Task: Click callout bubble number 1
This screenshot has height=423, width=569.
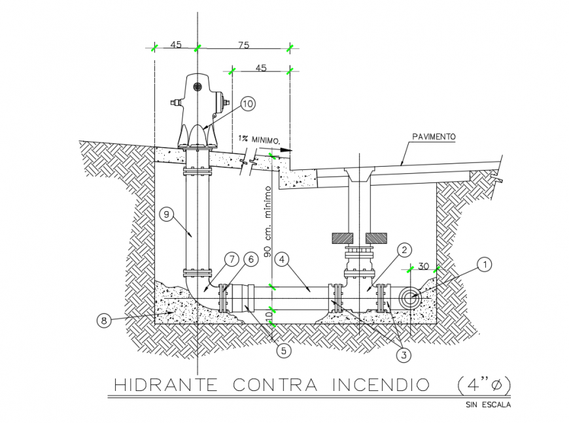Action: pyautogui.click(x=484, y=265)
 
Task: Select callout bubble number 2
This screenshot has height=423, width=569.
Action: pyautogui.click(x=405, y=250)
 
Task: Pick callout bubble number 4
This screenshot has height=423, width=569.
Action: pyautogui.click(x=281, y=258)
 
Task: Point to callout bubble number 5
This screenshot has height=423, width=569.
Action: pyautogui.click(x=283, y=350)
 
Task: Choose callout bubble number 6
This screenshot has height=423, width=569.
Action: pyautogui.click(x=249, y=259)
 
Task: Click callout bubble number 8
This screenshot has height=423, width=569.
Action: pyautogui.click(x=103, y=320)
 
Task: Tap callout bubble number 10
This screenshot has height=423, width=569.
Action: pyautogui.click(x=247, y=103)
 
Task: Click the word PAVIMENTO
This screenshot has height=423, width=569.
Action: pyautogui.click(x=433, y=137)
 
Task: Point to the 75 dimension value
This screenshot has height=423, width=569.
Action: pyautogui.click(x=244, y=45)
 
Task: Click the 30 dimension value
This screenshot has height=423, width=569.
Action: pyautogui.click(x=424, y=267)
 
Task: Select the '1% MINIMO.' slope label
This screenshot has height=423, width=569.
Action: pyautogui.click(x=260, y=140)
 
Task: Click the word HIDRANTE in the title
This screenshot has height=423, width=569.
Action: pyautogui.click(x=165, y=384)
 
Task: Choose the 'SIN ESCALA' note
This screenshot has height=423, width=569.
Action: pyautogui.click(x=488, y=405)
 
